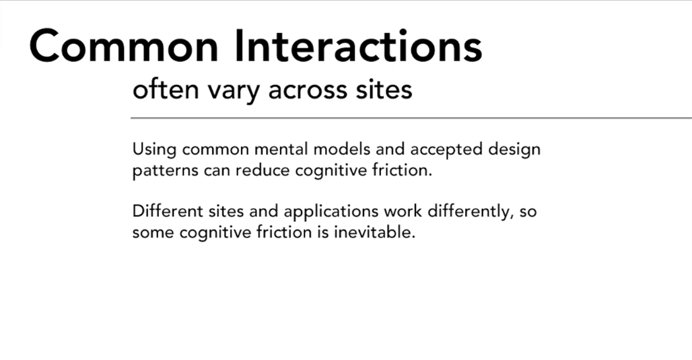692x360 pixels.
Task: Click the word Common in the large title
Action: (124, 46)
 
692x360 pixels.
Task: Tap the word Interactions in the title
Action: (358, 46)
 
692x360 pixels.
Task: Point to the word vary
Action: (234, 92)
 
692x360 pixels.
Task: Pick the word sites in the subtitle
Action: (384, 89)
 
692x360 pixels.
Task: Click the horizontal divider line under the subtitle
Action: (411, 118)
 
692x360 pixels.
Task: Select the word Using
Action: (155, 150)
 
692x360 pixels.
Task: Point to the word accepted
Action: (446, 150)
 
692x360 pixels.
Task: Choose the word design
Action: (514, 150)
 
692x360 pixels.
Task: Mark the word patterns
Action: (166, 171)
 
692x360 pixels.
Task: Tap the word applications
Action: (331, 212)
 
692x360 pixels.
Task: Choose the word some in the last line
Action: (153, 233)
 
